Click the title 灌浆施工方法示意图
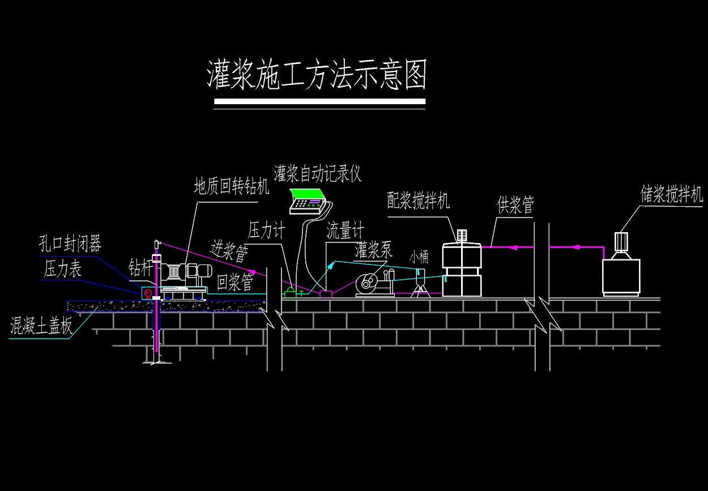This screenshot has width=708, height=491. pos(317,75)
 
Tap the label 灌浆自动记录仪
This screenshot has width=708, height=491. pos(317,173)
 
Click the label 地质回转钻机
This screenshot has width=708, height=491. pos(232,186)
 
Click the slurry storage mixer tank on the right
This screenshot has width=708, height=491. pos(621,276)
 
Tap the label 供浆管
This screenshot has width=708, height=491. pos(515,204)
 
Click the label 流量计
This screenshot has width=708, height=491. pos(345,230)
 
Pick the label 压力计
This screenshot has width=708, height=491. pos(266,230)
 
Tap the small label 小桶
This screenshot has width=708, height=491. pos(420,257)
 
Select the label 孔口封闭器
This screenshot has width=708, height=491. pos(70,245)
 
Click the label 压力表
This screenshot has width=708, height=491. pos(63,269)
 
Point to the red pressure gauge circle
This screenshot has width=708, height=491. pos(148,293)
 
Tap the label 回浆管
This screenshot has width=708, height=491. pos(235,283)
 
